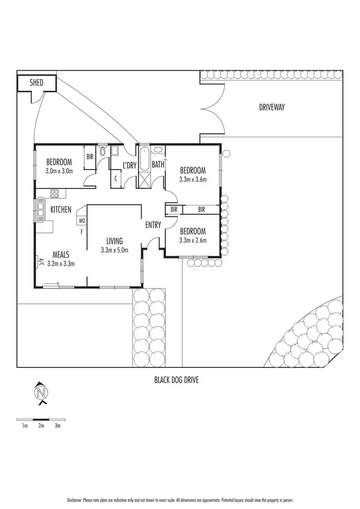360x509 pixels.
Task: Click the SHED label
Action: tap(36, 82)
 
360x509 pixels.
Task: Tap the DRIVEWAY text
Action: tap(272, 107)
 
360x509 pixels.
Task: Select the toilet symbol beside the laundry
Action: tap(103, 151)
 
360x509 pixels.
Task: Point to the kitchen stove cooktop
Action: tap(54, 194)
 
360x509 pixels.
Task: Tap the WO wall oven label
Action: tap(82, 221)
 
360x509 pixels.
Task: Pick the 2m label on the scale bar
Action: tap(41, 425)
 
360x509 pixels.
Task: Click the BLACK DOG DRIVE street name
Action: tap(176, 380)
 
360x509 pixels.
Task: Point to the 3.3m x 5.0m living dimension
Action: tap(115, 250)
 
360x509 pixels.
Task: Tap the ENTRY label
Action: tap(153, 225)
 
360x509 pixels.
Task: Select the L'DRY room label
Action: tap(130, 165)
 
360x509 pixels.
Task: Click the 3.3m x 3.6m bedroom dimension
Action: tap(193, 179)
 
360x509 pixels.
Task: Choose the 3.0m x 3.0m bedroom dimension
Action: tap(59, 171)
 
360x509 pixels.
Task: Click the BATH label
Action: tap(158, 164)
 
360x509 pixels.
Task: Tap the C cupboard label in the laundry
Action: tap(116, 178)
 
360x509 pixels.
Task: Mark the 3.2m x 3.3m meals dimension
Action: tap(61, 263)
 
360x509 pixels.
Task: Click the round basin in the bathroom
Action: tap(158, 150)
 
